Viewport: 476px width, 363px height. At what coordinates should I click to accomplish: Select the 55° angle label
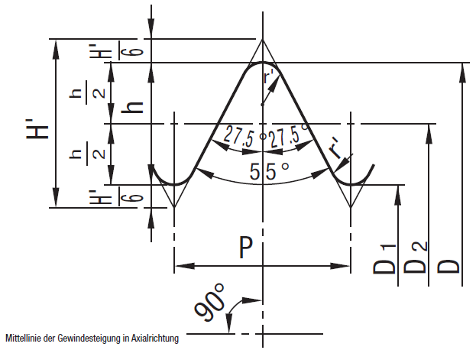point(269,171)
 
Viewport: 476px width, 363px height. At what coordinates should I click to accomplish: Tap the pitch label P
point(245,248)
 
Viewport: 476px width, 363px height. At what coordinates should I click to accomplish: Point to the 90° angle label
point(210,303)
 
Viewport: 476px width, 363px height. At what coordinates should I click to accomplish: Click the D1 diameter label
point(385,259)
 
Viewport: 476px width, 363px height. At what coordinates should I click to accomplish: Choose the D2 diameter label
point(416,258)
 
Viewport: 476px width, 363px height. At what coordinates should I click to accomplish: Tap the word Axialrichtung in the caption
point(155,339)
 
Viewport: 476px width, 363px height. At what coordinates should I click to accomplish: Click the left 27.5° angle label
point(241,138)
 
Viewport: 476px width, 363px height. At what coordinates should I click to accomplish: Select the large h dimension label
point(132,108)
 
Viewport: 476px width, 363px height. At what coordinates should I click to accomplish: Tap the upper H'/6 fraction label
point(115,50)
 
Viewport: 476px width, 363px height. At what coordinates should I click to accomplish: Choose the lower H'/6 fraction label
point(115,196)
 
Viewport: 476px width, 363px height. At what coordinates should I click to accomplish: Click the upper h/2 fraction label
point(87,93)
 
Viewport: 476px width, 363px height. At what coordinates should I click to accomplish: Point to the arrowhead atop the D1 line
point(398,195)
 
